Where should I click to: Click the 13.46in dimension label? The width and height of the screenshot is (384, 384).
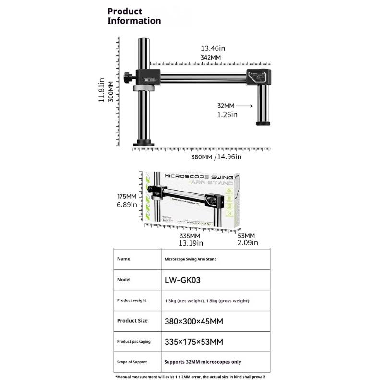click(213, 48)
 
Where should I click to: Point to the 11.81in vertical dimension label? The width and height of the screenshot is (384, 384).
click(101, 90)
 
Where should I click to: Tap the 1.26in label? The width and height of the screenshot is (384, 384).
click(227, 114)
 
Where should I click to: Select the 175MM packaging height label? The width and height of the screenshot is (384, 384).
click(127, 197)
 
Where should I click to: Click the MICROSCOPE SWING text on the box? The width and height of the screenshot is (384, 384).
click(198, 176)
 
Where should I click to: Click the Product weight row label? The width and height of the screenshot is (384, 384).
click(132, 300)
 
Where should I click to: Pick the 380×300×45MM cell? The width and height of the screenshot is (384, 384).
click(193, 321)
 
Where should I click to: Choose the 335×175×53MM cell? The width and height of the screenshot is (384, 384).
click(193, 341)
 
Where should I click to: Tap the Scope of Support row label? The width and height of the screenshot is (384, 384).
click(132, 362)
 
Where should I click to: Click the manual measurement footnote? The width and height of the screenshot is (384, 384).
click(192, 377)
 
